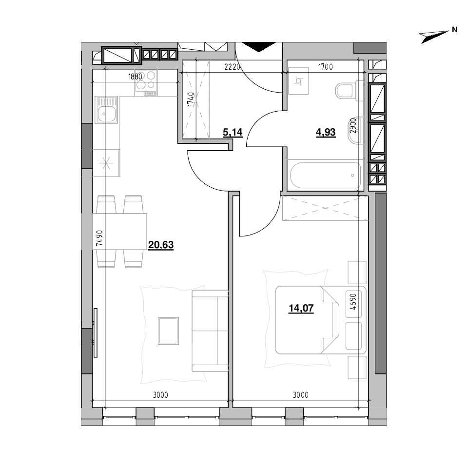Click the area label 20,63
click(x=161, y=245)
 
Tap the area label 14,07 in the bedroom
click(x=301, y=308)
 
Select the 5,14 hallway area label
click(x=233, y=132)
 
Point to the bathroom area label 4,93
click(x=326, y=132)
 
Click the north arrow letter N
click(x=454, y=30)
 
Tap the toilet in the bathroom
click(x=349, y=91)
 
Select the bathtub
click(x=325, y=175)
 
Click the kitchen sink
click(x=106, y=110)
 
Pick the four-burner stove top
click(x=146, y=83)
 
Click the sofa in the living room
click(x=210, y=331)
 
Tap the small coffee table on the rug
click(x=168, y=331)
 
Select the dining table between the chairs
click(x=120, y=231)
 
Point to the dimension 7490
click(x=99, y=238)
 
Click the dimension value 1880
click(x=135, y=77)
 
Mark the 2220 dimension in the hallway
click(x=232, y=67)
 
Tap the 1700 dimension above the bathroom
click(x=325, y=67)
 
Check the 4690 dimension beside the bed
click(x=353, y=301)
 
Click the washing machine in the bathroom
click(x=298, y=80)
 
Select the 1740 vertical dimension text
click(x=191, y=99)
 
